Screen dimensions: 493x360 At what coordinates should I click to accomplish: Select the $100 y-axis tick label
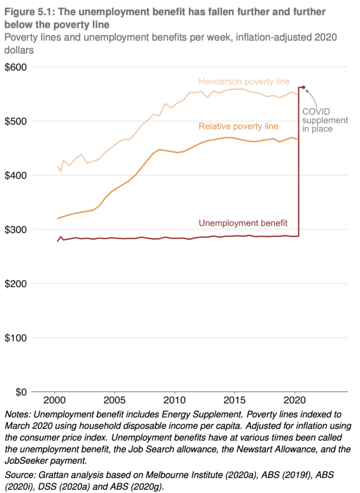15,337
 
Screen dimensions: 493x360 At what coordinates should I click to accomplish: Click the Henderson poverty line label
244,82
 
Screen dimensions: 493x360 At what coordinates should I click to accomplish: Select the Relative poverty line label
239,126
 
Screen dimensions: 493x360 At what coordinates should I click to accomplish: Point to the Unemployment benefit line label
243,223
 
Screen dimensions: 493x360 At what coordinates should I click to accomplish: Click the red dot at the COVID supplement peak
304,87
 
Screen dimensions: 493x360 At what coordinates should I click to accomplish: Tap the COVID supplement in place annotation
325,120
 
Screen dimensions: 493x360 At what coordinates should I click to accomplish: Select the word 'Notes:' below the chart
17,414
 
